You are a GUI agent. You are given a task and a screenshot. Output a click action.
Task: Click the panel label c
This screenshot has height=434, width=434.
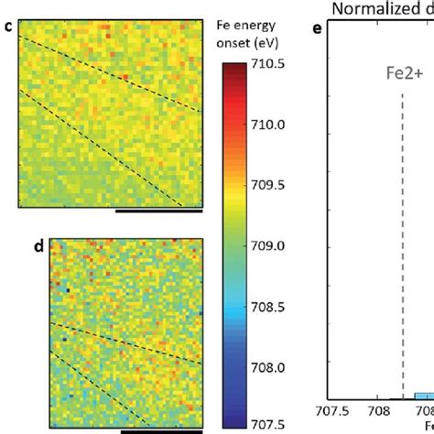click(x=8, y=26)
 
